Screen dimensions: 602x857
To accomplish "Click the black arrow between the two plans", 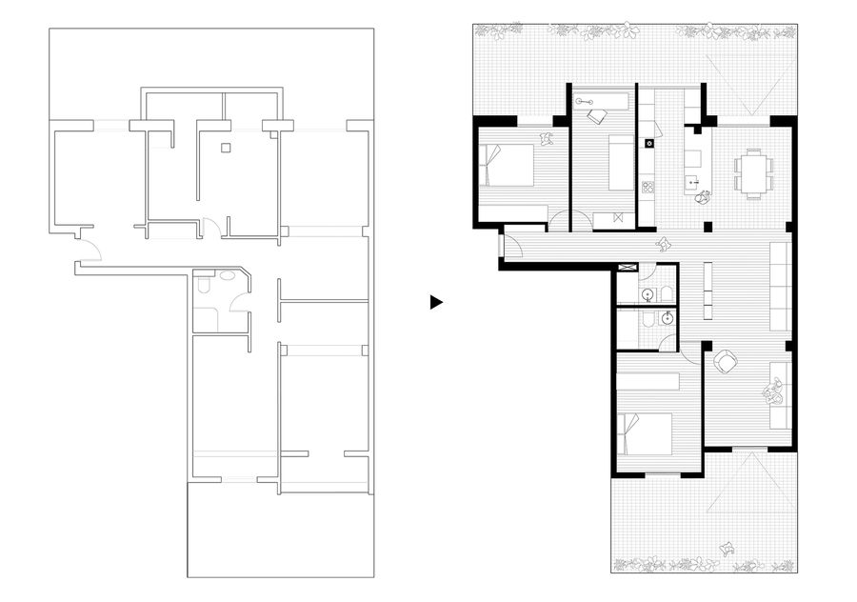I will [x=436, y=302].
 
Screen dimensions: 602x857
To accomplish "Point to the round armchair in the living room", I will [x=727, y=362].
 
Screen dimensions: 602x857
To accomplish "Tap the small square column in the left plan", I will [x=225, y=147].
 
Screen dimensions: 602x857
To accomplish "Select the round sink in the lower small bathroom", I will [x=668, y=317].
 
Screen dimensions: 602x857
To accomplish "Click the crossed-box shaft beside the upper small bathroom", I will [x=627, y=269].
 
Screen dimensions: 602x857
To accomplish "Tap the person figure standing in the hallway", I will [x=665, y=245].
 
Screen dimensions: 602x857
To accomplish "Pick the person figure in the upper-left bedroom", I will [x=547, y=139].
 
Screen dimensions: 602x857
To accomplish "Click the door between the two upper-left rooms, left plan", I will [x=211, y=228].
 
